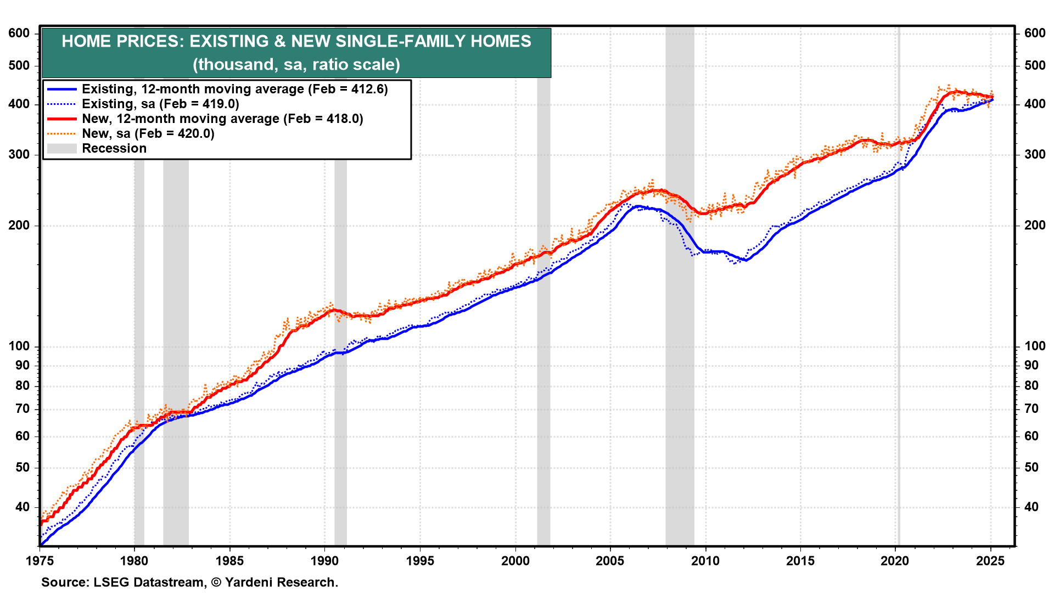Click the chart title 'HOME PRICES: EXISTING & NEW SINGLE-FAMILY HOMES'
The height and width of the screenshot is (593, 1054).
coord(296,41)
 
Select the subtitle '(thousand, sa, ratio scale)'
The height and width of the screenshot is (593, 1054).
coord(296,65)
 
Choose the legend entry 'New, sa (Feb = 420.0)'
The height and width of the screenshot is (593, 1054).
coord(148,133)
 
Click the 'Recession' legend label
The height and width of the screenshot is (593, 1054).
coord(114,148)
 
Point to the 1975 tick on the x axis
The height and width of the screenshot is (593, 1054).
coord(40,561)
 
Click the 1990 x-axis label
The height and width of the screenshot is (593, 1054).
coord(324,561)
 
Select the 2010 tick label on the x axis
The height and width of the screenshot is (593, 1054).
coord(705,561)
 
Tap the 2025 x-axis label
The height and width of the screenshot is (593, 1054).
coord(991,561)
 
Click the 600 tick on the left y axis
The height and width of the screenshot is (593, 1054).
coord(19,33)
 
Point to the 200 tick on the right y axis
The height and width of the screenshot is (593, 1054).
coord(1035,225)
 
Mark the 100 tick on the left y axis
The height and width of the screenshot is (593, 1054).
coord(19,346)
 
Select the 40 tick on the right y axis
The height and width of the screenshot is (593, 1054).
coord(1031,507)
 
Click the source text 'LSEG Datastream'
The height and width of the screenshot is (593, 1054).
coord(148,582)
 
